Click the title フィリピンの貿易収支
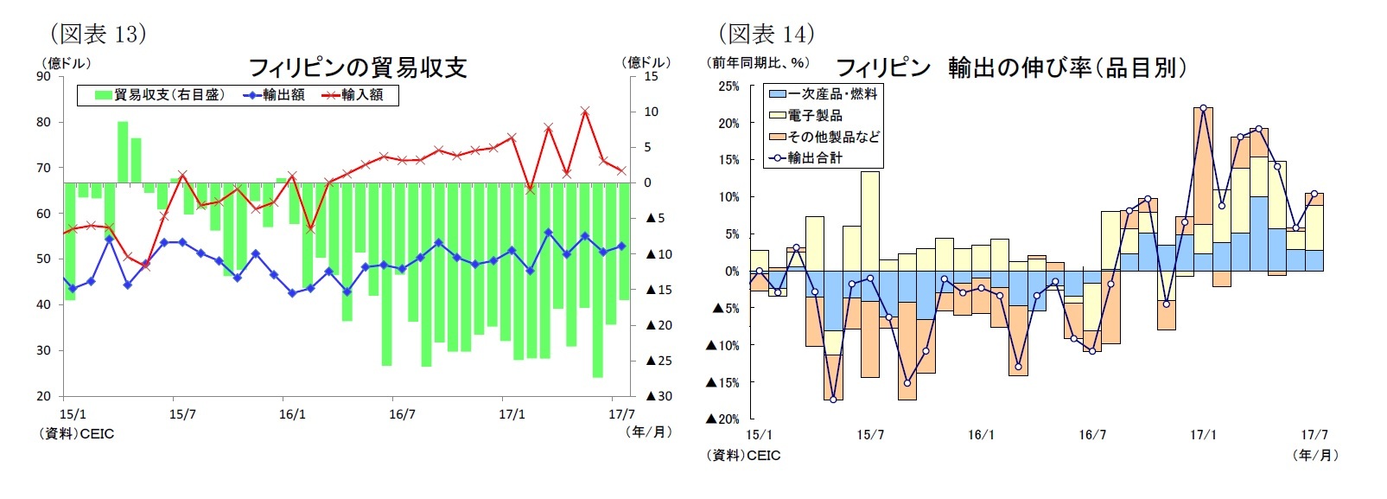coord(357,67)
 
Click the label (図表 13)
coord(98,34)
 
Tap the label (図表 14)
coord(766,34)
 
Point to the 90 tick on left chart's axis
coord(43,76)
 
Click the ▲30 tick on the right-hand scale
coord(659,396)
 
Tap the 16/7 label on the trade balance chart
coord(402,414)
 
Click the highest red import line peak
coord(585,111)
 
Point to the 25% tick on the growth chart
coord(728,86)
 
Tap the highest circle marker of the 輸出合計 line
coord(1203,108)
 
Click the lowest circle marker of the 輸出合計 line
coord(833,400)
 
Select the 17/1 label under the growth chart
coord(1202,434)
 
